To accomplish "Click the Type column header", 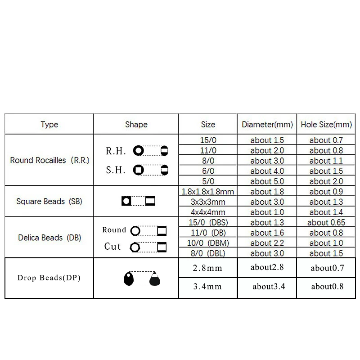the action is (x=49, y=125).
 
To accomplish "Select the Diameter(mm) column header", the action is (x=267, y=125).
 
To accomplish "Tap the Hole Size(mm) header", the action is (x=326, y=125).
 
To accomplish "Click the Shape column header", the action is (x=136, y=125).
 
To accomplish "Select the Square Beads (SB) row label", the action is (x=49, y=202).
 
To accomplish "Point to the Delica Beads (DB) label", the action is (x=49, y=237).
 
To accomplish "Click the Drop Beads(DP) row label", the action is (x=49, y=278).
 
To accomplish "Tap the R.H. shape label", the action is (x=116, y=151).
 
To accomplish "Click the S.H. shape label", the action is (x=116, y=171).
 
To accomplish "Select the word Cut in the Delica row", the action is (x=112, y=247).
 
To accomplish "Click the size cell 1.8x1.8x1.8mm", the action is (x=208, y=192).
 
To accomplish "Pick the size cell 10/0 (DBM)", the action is (x=208, y=243).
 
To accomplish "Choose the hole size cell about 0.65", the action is (x=326, y=223).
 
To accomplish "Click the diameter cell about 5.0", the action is (x=267, y=181).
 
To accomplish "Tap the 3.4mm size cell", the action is (x=207, y=286).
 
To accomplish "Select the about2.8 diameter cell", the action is (x=267, y=267).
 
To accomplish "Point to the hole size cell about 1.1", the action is (x=326, y=161).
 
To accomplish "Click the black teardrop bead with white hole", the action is (x=129, y=279).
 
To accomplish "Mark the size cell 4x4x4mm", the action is (x=208, y=212).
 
